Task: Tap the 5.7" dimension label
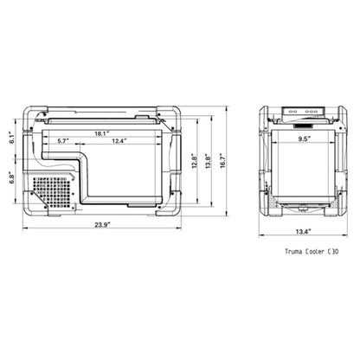[x=64, y=140]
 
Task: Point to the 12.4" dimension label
[x=119, y=140]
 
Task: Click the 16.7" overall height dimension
[x=228, y=160]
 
